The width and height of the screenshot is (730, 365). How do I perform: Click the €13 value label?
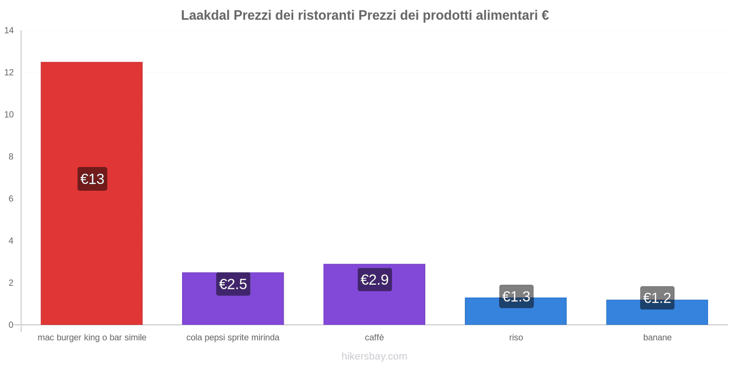[92, 179]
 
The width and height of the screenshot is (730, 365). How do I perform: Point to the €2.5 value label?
[233, 284]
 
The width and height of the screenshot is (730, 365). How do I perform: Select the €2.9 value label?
[375, 280]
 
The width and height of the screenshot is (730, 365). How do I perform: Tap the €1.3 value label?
[516, 297]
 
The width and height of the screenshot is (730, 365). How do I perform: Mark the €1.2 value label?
[657, 298]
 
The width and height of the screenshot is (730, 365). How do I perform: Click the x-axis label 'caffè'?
[374, 338]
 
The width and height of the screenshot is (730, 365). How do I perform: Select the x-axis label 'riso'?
[516, 338]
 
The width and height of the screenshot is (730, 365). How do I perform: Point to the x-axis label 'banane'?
[657, 338]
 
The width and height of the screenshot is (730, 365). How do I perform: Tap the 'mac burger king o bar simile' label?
[92, 338]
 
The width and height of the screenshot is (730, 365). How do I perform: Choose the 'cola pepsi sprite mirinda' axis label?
[233, 338]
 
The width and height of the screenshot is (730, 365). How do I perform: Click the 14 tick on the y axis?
[9, 31]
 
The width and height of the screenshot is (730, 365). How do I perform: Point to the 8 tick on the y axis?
[11, 156]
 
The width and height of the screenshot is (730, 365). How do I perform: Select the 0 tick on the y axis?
[11, 325]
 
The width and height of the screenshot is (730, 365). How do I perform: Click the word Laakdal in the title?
[205, 16]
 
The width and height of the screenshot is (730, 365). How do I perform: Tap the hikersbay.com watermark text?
[374, 356]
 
